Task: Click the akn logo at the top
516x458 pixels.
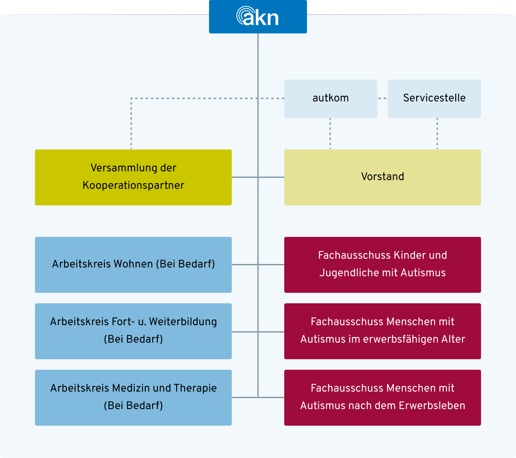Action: point(258,17)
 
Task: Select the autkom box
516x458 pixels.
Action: point(331,98)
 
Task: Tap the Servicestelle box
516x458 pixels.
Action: point(434,98)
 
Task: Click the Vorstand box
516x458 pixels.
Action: point(382,177)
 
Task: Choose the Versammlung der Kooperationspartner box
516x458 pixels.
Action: point(133,177)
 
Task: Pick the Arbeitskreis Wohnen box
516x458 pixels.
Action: point(133,264)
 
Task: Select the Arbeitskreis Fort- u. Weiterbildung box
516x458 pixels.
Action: point(133,331)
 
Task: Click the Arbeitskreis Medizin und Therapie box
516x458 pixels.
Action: point(133,397)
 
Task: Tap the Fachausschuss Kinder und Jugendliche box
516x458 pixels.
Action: point(382,264)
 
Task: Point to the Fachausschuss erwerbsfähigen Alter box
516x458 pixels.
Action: point(382,331)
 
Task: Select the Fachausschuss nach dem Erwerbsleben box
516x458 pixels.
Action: point(382,397)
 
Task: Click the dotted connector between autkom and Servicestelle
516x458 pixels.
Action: point(383,98)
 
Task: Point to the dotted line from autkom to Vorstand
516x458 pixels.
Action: point(330,134)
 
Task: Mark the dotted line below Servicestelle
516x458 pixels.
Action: point(437,134)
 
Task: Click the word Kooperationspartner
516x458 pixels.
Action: point(133,185)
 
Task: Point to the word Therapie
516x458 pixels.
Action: point(195,388)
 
